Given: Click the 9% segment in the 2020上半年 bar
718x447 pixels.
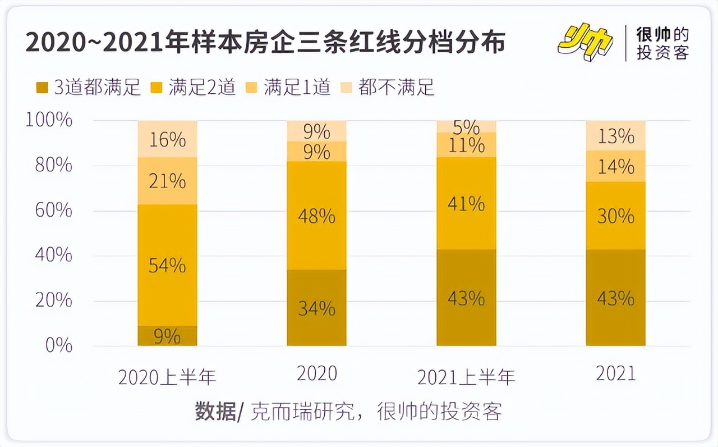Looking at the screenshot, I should pyautogui.click(x=167, y=336).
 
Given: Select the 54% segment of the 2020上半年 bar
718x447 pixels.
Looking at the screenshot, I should pyautogui.click(x=167, y=265).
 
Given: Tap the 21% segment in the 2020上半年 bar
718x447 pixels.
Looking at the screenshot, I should pyautogui.click(x=167, y=181).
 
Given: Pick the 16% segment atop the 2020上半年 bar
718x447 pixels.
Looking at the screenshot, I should pyautogui.click(x=167, y=139).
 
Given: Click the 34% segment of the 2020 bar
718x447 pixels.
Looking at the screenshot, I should pyautogui.click(x=316, y=308).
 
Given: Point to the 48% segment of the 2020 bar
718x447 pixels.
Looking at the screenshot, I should pyautogui.click(x=316, y=216).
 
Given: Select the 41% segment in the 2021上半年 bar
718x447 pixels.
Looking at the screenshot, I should pyautogui.click(x=466, y=203).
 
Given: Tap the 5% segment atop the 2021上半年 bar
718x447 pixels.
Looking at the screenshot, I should pyautogui.click(x=466, y=126).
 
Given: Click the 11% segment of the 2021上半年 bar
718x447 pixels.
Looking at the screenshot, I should pyautogui.click(x=466, y=145).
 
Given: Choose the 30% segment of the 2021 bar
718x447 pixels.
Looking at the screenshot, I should pyautogui.click(x=615, y=216).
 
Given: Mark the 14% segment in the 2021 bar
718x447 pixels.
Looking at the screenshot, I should pyautogui.click(x=615, y=166).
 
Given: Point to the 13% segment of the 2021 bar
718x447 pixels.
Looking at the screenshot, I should pyautogui.click(x=615, y=136).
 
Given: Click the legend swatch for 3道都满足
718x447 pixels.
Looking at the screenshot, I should pyautogui.click(x=43, y=88).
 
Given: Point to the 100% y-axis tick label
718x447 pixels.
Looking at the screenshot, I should pyautogui.click(x=49, y=120).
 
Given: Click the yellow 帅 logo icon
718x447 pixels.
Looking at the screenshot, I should pyautogui.click(x=586, y=42).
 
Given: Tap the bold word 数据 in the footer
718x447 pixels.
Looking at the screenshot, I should pyautogui.click(x=215, y=412).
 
